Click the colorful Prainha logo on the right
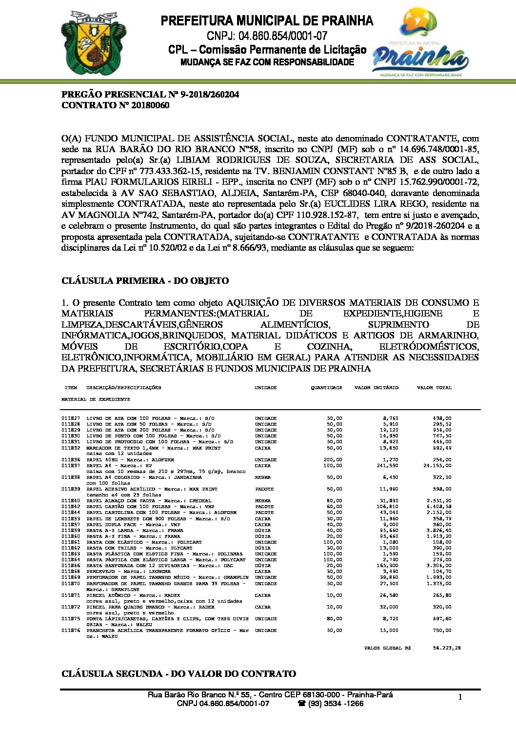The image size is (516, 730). click(x=420, y=44)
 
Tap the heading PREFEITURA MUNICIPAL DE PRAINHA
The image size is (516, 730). click(x=267, y=21)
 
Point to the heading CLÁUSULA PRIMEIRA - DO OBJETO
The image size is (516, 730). click(x=145, y=281)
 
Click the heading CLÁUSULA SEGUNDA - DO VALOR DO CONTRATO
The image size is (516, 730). click(x=179, y=674)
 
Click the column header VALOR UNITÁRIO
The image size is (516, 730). click(x=376, y=388)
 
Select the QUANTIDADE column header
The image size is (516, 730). click(x=326, y=388)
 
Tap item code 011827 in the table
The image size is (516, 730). click(x=71, y=418)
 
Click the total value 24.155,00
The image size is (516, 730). click(x=437, y=466)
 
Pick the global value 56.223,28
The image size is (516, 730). click(x=446, y=648)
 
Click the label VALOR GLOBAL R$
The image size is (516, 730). click(x=387, y=648)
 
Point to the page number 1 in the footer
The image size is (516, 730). click(x=459, y=697)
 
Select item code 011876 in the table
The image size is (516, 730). click(x=71, y=631)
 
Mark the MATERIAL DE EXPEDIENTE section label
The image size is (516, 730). click(x=96, y=399)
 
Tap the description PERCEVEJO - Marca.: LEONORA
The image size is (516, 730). click(x=128, y=572)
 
